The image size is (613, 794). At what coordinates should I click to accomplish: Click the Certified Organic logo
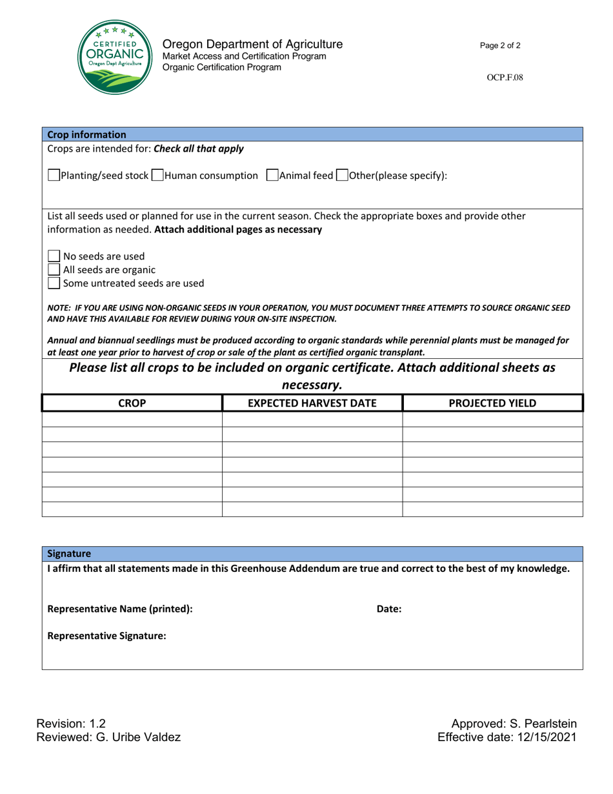point(116,57)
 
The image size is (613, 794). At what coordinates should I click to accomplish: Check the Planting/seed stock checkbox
point(54,176)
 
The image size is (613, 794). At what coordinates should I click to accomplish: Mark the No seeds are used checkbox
point(54,256)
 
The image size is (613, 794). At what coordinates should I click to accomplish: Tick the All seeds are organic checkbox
point(54,269)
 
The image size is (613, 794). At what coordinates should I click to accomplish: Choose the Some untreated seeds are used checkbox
point(54,283)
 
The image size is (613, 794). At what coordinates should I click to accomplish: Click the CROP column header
point(132,403)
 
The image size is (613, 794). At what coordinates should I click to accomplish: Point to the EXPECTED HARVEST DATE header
point(312,403)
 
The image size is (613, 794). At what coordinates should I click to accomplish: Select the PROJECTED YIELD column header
point(492,403)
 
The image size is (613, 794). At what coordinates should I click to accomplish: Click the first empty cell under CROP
point(132,419)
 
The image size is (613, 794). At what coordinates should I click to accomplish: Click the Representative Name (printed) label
point(120,608)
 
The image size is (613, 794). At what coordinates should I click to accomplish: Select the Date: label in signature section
point(389,608)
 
